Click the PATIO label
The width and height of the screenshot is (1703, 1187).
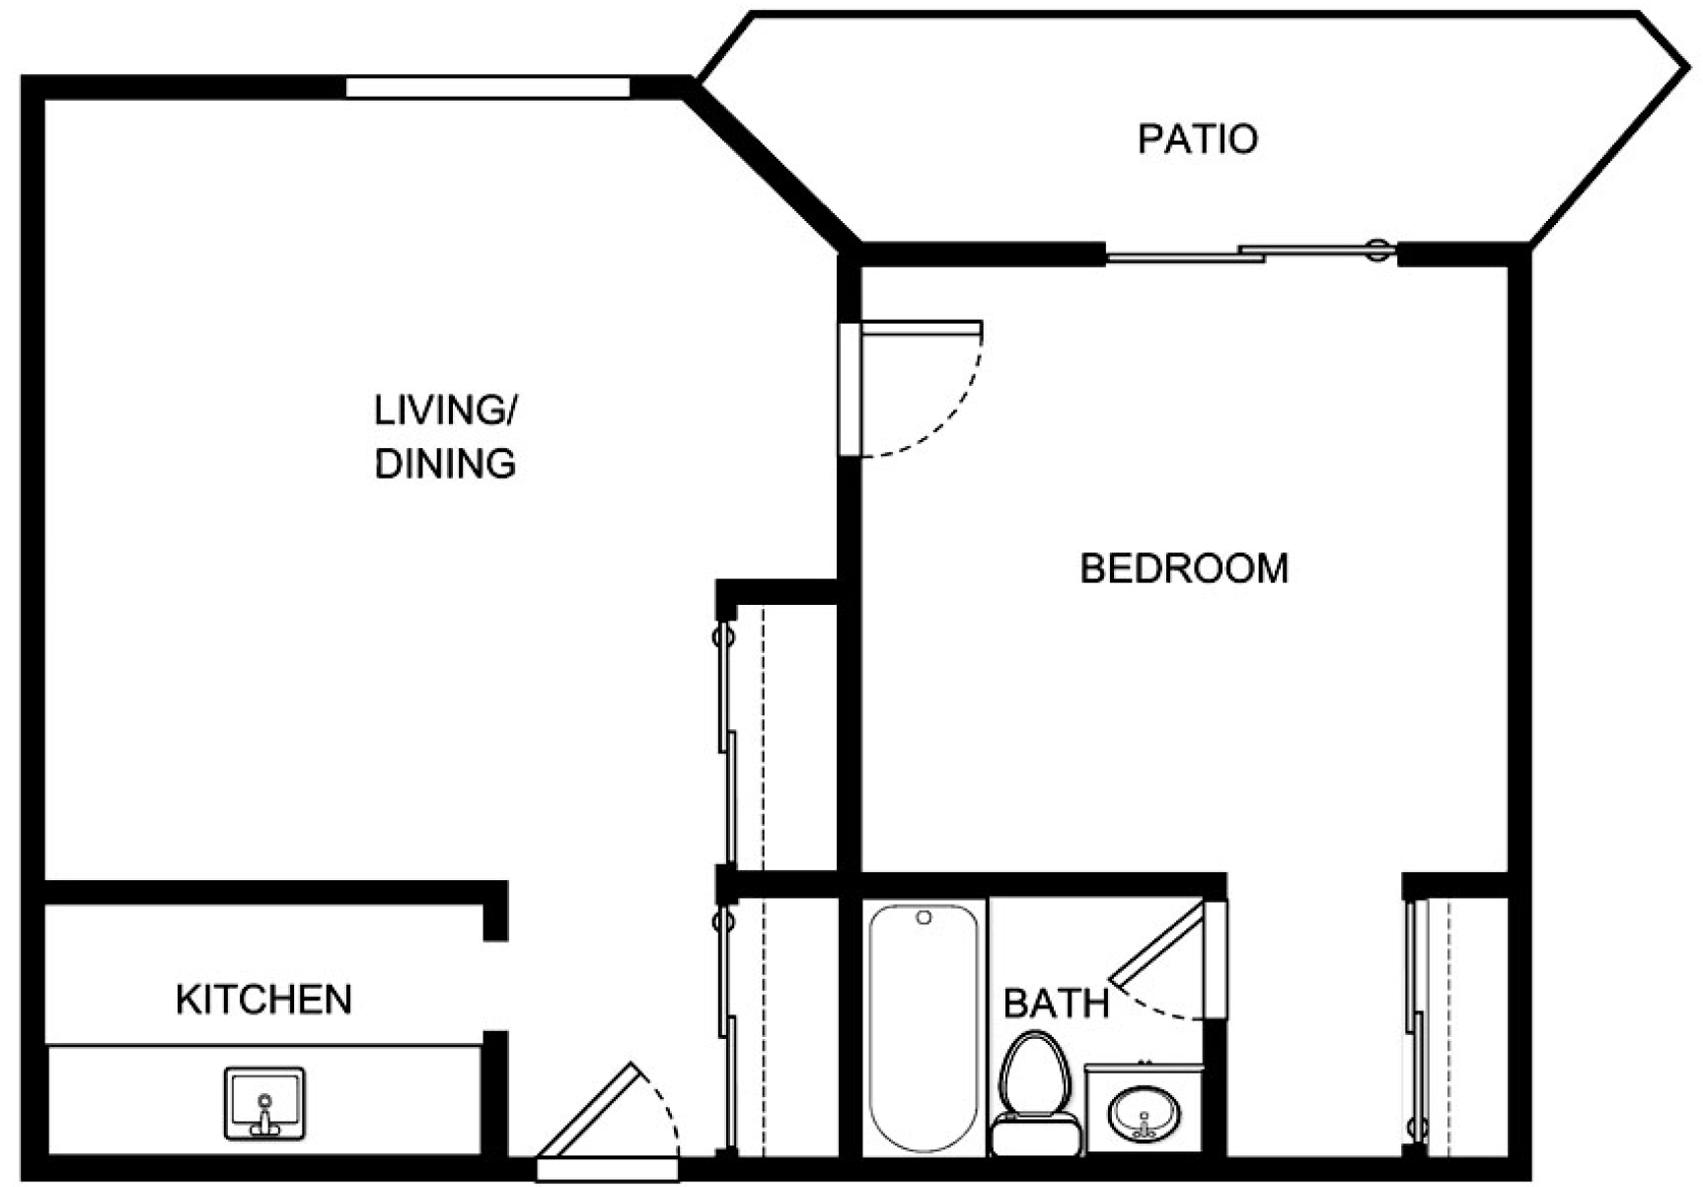1197,139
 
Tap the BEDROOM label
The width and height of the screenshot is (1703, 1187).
1184,568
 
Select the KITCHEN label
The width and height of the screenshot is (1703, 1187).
263,1000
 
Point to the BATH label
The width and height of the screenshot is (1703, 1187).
1056,1003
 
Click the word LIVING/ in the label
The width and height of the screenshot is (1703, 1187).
445,410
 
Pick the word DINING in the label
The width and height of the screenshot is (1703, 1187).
445,463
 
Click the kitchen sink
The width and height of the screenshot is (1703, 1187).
264,1103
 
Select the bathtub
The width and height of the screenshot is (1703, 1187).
925,1026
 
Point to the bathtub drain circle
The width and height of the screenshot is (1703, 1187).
924,918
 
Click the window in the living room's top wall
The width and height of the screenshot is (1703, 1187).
487,87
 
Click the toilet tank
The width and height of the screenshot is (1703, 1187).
1036,1136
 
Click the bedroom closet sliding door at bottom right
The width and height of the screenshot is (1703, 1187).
1418,1026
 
